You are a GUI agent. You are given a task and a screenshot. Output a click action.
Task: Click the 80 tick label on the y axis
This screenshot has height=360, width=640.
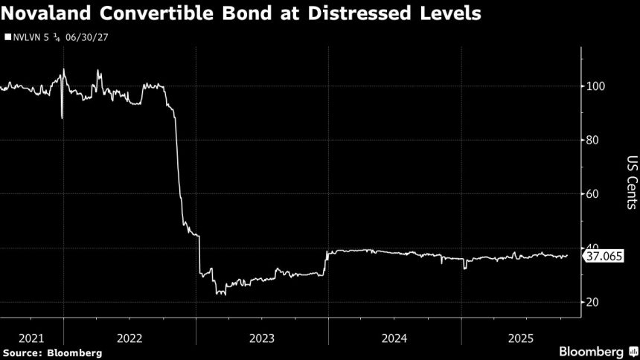(594, 140)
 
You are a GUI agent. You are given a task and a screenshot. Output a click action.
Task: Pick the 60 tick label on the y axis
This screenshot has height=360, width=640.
(594, 194)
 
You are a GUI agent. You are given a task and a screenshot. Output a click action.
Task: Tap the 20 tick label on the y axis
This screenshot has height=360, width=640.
(594, 302)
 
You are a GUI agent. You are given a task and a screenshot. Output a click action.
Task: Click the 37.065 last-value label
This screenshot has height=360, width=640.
(605, 257)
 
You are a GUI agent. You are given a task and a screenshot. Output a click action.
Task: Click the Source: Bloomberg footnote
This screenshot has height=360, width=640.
(52, 352)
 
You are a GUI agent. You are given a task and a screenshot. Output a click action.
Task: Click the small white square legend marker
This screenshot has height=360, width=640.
(7, 36)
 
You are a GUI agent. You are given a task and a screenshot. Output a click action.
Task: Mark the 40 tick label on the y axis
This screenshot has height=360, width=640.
(594, 248)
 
